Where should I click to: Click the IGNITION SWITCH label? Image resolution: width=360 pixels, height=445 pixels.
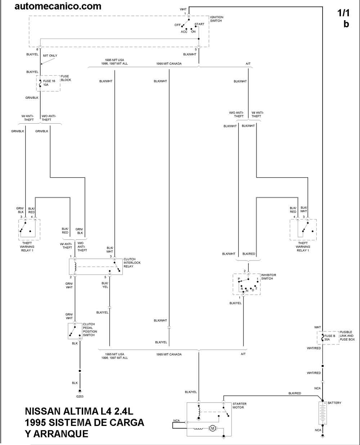tap(216, 19)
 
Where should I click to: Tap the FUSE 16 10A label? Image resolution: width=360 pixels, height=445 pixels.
tap(49, 83)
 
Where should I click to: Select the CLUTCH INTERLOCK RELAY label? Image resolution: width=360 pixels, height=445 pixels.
tap(132, 263)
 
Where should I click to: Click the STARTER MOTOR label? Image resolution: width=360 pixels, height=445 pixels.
tap(239, 406)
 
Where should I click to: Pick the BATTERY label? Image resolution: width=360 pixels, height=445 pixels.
tap(334, 403)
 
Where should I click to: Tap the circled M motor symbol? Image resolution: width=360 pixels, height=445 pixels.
tap(212, 428)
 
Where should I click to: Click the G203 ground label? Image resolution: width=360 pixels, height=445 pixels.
tap(80, 397)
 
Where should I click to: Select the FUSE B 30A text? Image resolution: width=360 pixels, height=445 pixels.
tap(330, 338)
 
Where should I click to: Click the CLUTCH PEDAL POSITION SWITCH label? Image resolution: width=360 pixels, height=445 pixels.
tap(90, 330)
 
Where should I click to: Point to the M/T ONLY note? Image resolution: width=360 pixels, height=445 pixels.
tap(50, 55)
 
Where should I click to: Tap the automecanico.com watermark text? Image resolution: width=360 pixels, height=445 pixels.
tap(58, 6)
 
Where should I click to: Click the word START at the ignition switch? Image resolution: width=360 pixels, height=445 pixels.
tap(199, 24)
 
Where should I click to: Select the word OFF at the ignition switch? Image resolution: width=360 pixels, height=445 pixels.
tap(177, 25)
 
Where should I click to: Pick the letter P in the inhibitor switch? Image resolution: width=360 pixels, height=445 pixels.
tap(238, 279)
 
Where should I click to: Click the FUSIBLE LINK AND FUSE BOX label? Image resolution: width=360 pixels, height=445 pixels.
tap(347, 336)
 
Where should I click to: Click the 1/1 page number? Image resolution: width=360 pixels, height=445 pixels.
tap(343, 13)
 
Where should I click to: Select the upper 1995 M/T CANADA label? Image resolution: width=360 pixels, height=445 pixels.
tap(169, 63)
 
